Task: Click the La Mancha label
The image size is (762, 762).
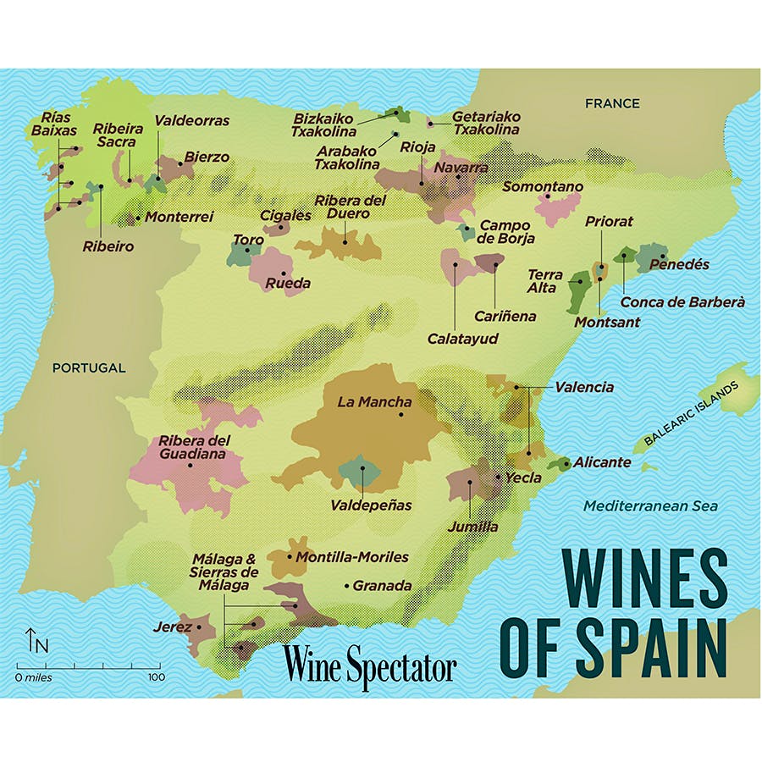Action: coord(374,402)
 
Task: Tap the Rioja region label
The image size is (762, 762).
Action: coord(417,147)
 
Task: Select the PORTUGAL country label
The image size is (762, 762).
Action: coord(89,368)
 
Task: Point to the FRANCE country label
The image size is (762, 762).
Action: coord(612,103)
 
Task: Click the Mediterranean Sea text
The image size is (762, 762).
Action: coord(650,506)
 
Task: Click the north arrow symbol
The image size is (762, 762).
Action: coord(32,640)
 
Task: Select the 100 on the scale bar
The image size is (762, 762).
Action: coord(155,677)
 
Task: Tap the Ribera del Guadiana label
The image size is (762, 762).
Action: coord(194,447)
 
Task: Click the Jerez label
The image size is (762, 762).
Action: coord(173,627)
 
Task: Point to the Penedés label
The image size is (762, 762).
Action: coord(679,265)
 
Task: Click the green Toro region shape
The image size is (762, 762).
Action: coord(244,253)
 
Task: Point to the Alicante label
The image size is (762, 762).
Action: coord(602,462)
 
